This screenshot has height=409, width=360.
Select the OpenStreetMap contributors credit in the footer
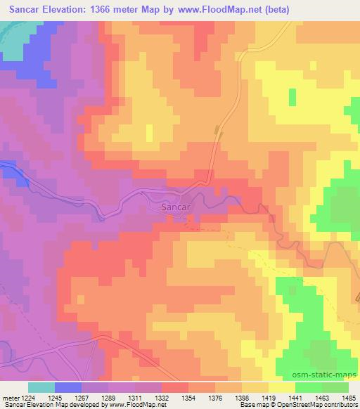(x=309, y=405)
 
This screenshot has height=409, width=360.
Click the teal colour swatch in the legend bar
(x=41, y=387)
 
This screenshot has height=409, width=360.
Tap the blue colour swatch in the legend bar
(x=68, y=387)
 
